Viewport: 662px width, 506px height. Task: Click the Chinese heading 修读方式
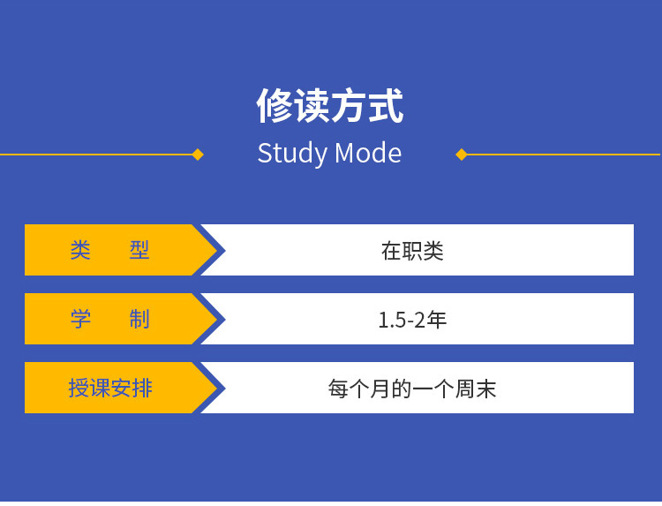(x=329, y=107)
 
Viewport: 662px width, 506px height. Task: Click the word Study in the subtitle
(x=292, y=154)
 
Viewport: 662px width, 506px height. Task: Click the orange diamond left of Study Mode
(x=198, y=155)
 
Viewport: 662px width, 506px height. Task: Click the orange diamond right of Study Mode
(x=461, y=155)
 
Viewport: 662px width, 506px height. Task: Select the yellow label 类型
(x=110, y=250)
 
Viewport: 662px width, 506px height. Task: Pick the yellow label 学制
(x=110, y=319)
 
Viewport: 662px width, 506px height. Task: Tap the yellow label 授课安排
(x=110, y=388)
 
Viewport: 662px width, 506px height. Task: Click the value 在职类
(x=412, y=251)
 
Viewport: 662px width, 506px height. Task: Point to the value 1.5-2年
(x=412, y=320)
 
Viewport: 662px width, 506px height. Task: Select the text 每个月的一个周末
(x=412, y=389)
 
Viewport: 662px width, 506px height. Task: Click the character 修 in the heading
(x=274, y=107)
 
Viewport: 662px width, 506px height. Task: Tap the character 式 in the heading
(x=385, y=107)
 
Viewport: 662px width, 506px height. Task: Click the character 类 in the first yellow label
(x=80, y=250)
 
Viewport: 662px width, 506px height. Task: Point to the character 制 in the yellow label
(x=139, y=319)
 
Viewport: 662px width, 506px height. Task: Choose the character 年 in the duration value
(x=437, y=320)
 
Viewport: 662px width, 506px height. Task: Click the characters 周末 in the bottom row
(x=476, y=389)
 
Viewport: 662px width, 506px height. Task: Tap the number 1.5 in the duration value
(x=392, y=320)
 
